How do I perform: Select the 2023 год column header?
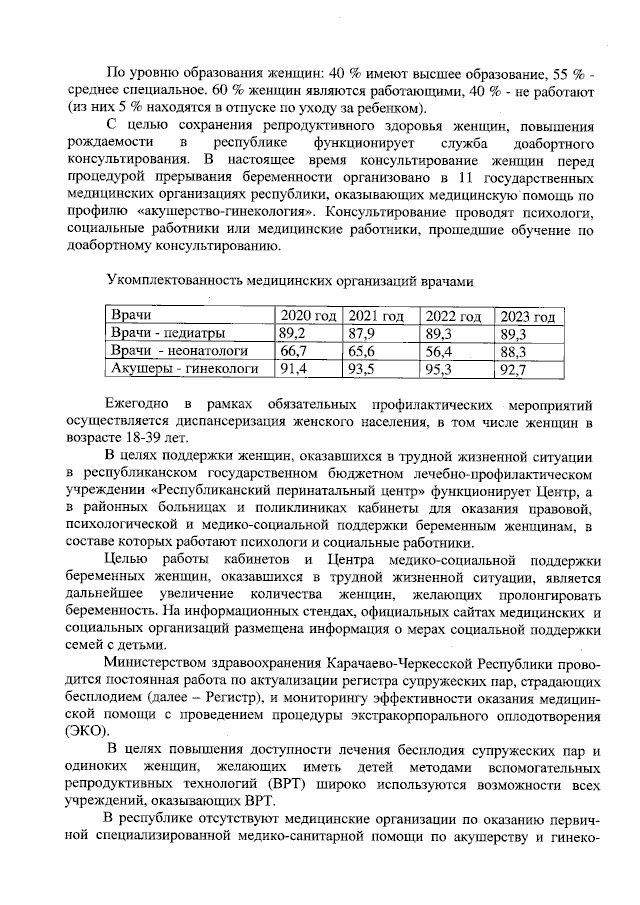click(527, 316)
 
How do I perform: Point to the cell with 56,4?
click(439, 351)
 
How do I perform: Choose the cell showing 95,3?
click(439, 369)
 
